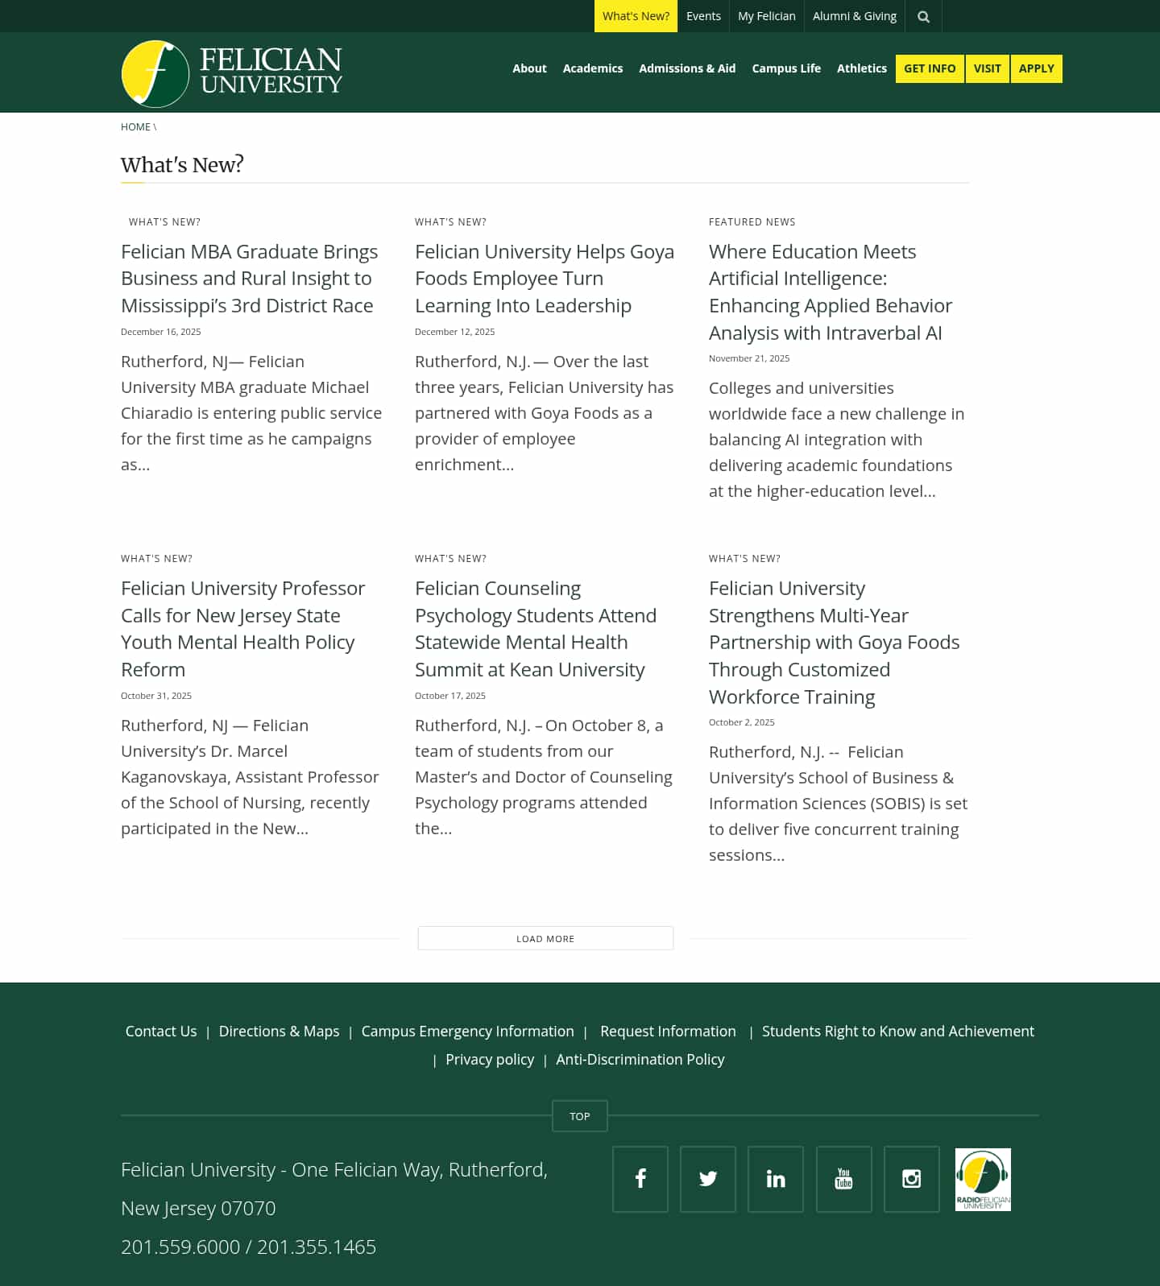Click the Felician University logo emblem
[155, 73]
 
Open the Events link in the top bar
[703, 16]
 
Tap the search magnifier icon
[923, 17]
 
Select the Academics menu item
[592, 68]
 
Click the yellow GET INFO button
[929, 68]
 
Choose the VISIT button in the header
[987, 68]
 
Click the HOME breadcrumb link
[135, 127]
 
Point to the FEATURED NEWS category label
[752, 222]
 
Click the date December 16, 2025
[161, 332]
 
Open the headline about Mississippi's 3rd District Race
[249, 279]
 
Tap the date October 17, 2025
[450, 696]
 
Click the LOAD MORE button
[545, 939]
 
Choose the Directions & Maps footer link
[279, 1032]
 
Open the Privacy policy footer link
[490, 1060]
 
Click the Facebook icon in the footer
[640, 1179]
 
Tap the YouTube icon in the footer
[843, 1179]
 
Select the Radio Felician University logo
[983, 1179]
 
